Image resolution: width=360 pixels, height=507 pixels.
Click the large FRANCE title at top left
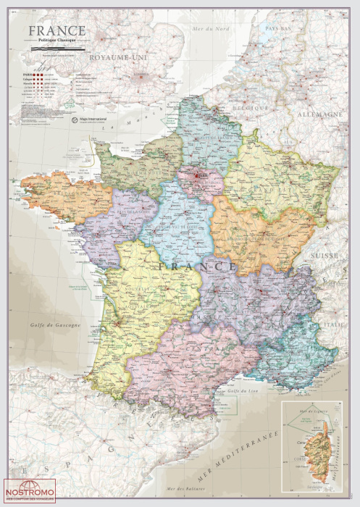[x=57, y=31]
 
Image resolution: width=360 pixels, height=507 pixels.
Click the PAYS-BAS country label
[x=277, y=28]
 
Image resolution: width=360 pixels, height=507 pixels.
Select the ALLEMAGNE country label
[x=318, y=114]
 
